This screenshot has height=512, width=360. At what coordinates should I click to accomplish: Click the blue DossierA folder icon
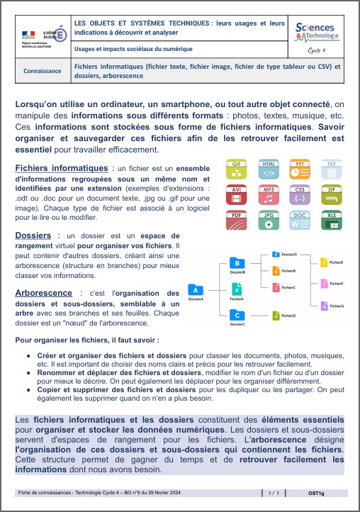[194, 289]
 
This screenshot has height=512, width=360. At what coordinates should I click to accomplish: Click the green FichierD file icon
[276, 314]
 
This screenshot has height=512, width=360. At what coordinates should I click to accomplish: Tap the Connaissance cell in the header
[43, 72]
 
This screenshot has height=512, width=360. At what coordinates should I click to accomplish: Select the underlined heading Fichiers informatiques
[61, 168]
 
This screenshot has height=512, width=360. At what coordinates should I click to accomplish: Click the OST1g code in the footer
[317, 491]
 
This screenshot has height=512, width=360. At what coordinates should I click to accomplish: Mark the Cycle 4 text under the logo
[317, 50]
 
